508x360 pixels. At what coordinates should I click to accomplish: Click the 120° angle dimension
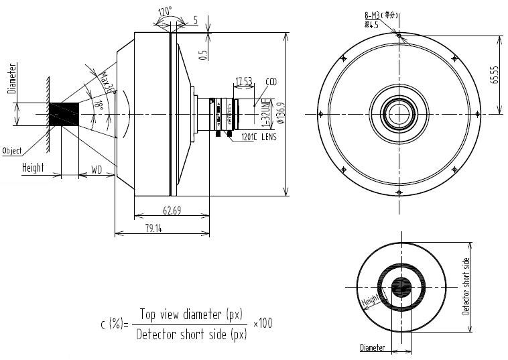click(164, 11)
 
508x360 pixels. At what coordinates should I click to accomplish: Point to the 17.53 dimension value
click(243, 81)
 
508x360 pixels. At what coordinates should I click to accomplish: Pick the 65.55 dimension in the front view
click(495, 75)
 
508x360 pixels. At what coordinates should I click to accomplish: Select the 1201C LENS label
click(255, 137)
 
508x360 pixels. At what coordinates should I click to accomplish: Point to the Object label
click(13, 150)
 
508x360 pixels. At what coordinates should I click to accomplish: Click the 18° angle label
click(99, 105)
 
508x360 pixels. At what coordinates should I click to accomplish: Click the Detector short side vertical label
click(466, 286)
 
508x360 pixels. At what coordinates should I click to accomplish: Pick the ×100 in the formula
click(263, 323)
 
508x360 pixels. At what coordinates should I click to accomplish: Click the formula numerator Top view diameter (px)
click(191, 314)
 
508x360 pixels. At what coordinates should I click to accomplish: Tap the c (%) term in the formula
click(113, 324)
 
